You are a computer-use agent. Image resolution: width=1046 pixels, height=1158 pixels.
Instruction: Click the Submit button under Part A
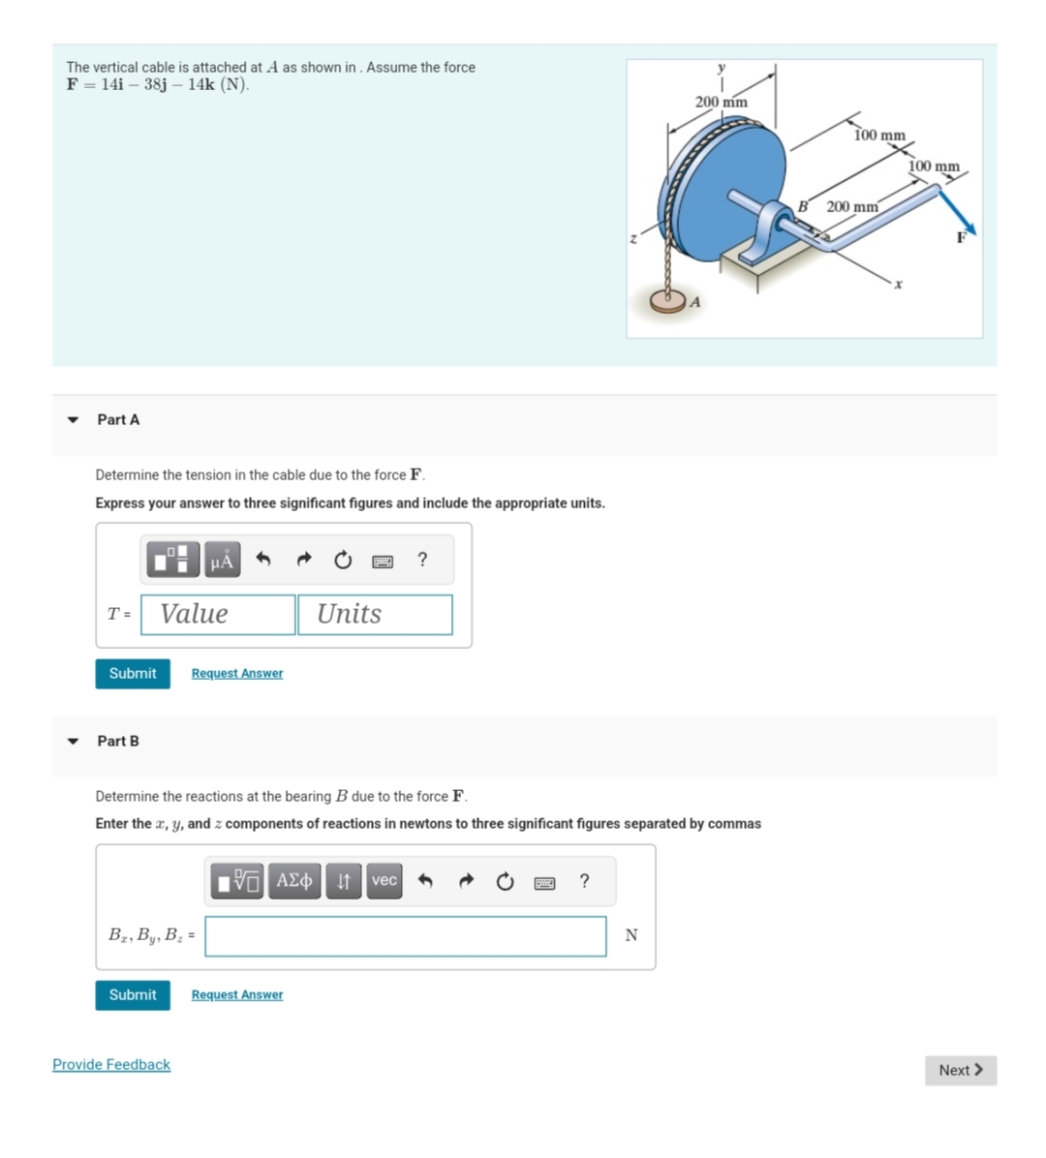click(x=133, y=673)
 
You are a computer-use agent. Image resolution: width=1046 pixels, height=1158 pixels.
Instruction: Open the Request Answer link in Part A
click(x=237, y=673)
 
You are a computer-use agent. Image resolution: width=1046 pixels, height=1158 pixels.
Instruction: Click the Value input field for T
click(x=218, y=614)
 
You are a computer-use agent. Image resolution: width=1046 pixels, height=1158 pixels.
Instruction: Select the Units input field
click(x=375, y=614)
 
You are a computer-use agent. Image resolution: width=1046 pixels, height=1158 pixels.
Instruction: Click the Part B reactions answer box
click(x=405, y=935)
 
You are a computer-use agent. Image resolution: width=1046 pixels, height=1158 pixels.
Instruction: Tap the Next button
click(x=960, y=1070)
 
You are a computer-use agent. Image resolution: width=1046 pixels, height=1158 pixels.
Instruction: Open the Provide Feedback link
click(x=111, y=1064)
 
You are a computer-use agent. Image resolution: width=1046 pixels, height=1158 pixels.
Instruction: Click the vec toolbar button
click(x=385, y=880)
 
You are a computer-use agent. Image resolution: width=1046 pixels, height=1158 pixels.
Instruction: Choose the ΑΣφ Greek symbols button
click(x=294, y=880)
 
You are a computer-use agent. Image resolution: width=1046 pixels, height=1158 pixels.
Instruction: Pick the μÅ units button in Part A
click(x=222, y=560)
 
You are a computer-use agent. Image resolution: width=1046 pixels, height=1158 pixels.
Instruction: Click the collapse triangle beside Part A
click(x=73, y=419)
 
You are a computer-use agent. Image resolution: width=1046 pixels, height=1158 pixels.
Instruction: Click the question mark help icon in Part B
click(x=584, y=880)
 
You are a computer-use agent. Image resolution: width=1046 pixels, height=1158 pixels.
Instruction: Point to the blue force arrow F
click(x=958, y=214)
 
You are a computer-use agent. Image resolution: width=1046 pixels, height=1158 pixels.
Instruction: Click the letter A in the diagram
click(x=694, y=302)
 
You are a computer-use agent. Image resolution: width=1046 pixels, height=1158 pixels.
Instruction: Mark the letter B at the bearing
click(x=803, y=205)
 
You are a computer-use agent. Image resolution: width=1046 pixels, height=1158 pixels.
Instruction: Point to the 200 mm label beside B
click(x=852, y=206)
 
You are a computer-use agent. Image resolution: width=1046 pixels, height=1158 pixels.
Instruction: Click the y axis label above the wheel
click(x=721, y=68)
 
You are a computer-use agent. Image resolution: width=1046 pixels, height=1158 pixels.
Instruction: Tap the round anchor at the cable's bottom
click(x=669, y=302)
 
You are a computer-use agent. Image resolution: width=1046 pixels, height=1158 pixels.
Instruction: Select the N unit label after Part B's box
click(x=631, y=935)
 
